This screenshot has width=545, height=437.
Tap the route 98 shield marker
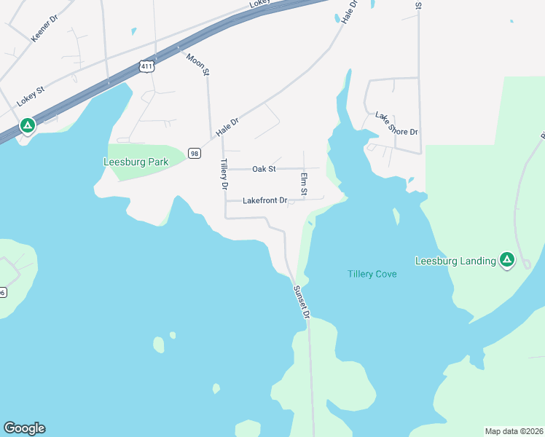click(x=194, y=152)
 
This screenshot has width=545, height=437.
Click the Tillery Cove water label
click(x=372, y=274)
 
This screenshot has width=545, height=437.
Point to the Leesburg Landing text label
click(x=455, y=260)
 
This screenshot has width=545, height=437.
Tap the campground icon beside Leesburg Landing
click(x=506, y=260)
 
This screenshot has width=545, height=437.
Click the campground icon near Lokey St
click(x=27, y=126)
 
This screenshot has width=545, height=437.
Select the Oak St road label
click(x=264, y=169)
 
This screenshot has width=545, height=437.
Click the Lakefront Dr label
click(x=265, y=200)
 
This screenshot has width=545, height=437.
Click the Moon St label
click(x=197, y=64)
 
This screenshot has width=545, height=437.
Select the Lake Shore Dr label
click(x=396, y=124)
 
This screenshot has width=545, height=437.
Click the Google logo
click(x=24, y=428)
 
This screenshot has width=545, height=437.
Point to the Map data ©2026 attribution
click(x=514, y=431)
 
